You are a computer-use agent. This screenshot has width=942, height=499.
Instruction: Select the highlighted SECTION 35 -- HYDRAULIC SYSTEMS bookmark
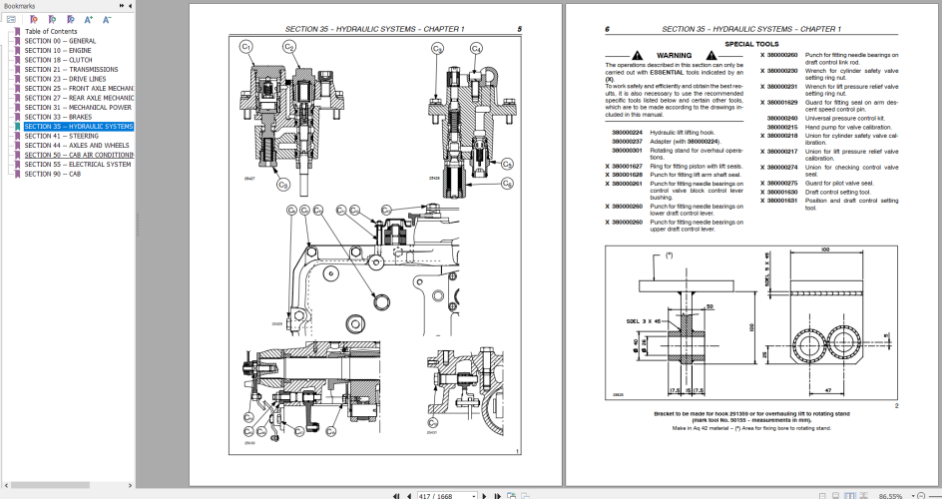coord(79,127)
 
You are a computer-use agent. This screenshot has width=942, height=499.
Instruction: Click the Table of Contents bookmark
coord(51,31)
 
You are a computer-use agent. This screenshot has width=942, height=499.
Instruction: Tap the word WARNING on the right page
coord(675,55)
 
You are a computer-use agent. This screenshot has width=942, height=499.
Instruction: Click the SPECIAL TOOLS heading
coord(753,44)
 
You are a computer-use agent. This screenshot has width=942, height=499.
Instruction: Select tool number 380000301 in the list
coord(627,151)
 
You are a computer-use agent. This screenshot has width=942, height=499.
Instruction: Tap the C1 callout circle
coord(245,47)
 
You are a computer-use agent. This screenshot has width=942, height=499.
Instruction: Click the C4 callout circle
coord(476,48)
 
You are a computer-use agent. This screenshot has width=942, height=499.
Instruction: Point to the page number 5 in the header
coord(519,29)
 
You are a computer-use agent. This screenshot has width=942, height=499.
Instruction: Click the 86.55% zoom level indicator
coord(891,494)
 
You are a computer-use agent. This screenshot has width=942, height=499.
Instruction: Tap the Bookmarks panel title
coord(19,5)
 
